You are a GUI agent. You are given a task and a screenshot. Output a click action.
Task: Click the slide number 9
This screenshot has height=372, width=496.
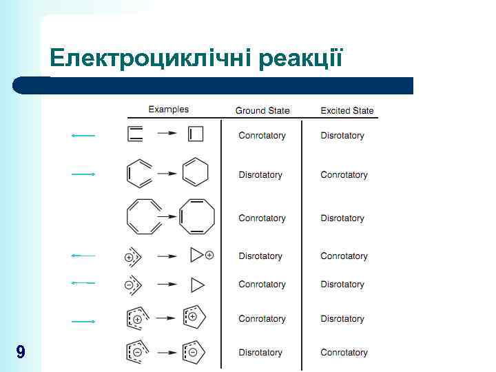point(21,353)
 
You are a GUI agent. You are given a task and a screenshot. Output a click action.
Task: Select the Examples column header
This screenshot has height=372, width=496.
point(168,110)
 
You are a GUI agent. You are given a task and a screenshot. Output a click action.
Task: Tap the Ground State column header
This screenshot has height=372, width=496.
point(262,110)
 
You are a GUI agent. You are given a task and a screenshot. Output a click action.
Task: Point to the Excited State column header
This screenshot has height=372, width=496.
point(347,110)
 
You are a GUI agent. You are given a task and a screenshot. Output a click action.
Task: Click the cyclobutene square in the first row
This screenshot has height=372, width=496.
point(196,134)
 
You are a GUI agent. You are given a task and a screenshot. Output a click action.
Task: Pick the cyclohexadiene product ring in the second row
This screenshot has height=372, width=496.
point(195,173)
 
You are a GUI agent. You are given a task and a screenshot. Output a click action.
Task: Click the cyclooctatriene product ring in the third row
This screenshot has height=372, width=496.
point(197,217)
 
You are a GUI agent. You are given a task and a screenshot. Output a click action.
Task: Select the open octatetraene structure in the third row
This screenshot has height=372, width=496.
point(143,217)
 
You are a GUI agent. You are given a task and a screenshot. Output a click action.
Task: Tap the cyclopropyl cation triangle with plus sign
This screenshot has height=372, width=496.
point(198,256)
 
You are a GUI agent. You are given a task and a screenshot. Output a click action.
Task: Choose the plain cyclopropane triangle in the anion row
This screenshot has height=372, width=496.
point(197,284)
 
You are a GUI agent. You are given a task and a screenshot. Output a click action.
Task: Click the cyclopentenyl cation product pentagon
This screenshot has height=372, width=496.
point(194,318)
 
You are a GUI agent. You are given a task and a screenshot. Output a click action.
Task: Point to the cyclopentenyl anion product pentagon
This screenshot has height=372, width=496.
point(194,351)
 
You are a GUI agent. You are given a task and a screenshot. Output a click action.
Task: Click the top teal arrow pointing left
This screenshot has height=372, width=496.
point(83,136)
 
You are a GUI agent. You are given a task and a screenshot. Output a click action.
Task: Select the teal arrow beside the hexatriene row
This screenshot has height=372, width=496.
point(83,174)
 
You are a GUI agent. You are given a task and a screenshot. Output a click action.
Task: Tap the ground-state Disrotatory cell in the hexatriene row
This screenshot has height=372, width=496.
point(260,175)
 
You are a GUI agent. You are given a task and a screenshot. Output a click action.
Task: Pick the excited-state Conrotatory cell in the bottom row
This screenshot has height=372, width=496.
point(344,353)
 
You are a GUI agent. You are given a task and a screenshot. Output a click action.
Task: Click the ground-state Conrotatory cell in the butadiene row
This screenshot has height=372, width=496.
point(262,136)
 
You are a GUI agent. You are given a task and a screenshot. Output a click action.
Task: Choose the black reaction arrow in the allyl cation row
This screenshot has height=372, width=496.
point(167,256)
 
